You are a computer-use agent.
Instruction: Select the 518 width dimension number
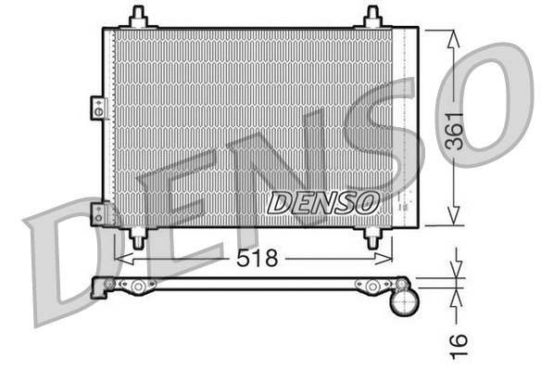pos(257,259)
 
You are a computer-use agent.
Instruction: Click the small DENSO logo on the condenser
pos(322,200)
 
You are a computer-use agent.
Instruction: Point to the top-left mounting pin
pos(139,17)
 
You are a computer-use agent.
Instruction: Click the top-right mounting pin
pos(372,17)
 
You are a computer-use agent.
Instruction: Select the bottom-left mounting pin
pos(139,237)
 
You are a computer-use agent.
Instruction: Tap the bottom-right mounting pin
pos(373,237)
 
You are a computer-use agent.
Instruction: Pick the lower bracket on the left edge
pos(96,214)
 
